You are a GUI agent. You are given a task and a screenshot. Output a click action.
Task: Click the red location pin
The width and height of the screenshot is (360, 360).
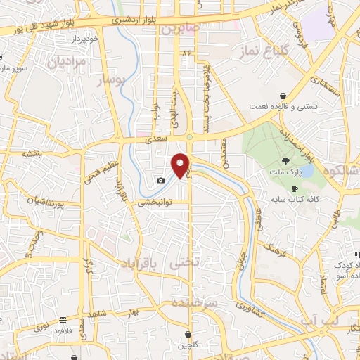181,165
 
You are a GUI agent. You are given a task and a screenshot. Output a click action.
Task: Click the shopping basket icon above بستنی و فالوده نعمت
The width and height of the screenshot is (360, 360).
282,96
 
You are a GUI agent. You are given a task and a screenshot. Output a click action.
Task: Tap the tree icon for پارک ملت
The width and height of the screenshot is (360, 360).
285,161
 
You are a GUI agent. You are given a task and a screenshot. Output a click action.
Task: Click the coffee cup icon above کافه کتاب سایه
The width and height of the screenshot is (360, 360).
295,190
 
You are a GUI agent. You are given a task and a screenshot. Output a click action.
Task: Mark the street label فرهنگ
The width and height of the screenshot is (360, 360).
273,247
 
